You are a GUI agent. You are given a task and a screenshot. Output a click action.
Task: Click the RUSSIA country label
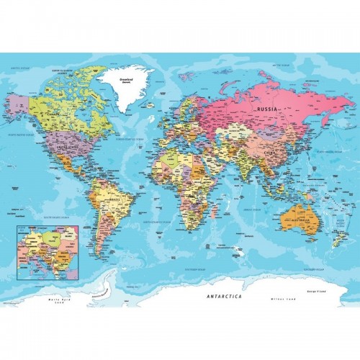(266, 109)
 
